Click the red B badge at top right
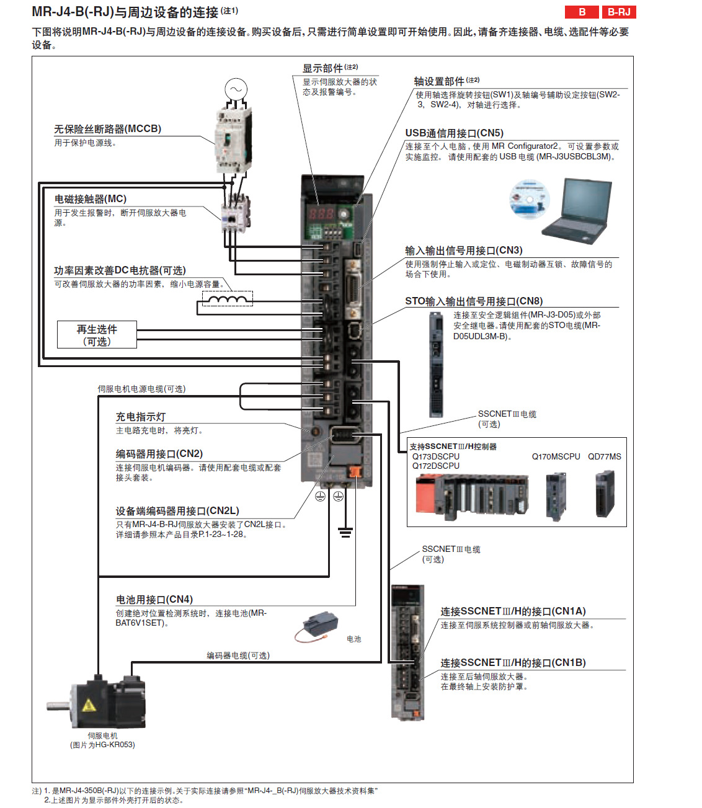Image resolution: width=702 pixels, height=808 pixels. [582, 12]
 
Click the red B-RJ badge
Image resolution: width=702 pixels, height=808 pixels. [619, 12]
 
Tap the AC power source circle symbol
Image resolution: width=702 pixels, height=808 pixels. [236, 89]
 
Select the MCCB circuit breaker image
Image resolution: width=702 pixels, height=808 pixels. [233, 140]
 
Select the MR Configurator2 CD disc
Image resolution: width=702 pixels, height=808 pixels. [529, 198]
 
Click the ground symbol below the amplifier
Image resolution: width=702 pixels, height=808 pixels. [345, 531]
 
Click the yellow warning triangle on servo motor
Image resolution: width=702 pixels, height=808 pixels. [89, 705]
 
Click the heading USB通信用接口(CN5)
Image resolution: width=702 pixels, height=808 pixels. [454, 133]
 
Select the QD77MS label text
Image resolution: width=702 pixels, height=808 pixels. [604, 456]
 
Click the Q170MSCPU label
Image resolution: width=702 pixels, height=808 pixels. [556, 456]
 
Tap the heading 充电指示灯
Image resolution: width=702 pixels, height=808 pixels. [141, 417]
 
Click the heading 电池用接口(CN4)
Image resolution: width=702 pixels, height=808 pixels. [154, 600]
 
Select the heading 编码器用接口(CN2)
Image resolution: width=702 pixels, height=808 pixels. [159, 454]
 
